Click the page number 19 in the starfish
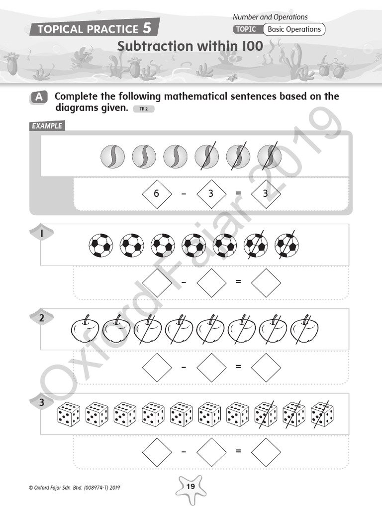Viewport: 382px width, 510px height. coord(191,487)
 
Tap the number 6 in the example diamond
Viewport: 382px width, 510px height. coord(156,193)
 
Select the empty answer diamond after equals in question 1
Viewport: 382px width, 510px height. coord(266,282)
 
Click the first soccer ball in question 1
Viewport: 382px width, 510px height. coord(101,246)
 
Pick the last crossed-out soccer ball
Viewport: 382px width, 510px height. coord(287,246)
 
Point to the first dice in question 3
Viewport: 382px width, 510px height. coord(69,415)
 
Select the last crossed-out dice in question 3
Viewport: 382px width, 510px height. coord(322,415)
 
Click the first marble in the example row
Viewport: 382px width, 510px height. coord(112,156)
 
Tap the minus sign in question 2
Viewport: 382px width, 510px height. coord(184,367)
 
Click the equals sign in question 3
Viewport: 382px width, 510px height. coord(238,451)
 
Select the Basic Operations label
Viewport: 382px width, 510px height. coord(294,29)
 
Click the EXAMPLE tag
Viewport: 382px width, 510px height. coord(47,126)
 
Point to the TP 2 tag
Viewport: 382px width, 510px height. coord(144,109)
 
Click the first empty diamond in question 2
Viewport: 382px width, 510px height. coord(156,367)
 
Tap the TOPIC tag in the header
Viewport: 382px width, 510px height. coord(246,29)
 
